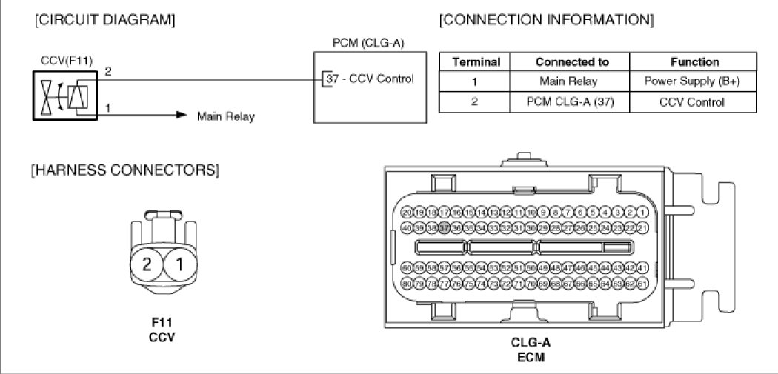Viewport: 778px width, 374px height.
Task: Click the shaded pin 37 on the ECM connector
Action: [x=445, y=227]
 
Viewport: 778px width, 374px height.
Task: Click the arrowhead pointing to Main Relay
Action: [x=180, y=116]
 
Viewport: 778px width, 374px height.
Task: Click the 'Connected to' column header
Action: [x=571, y=62]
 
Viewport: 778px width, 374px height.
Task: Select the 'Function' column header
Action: [x=694, y=62]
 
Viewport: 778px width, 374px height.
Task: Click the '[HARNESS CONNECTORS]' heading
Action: [x=124, y=171]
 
